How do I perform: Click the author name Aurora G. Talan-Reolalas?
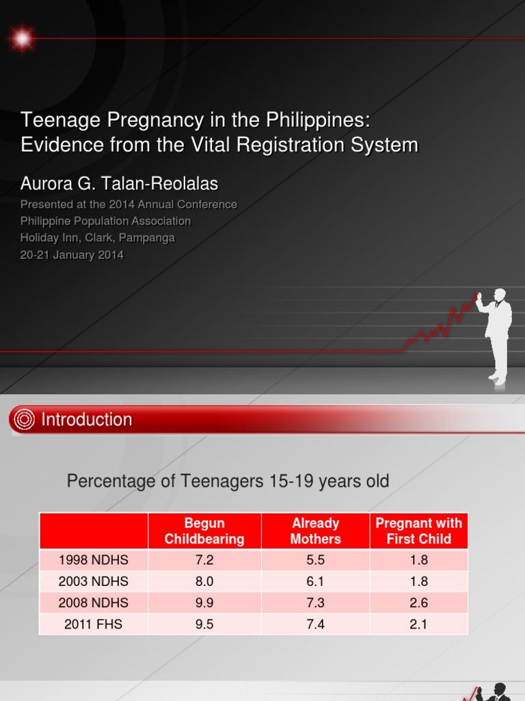click(x=119, y=183)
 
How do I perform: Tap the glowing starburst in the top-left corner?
click(x=23, y=38)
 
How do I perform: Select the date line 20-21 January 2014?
click(x=72, y=255)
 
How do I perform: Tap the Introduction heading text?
click(x=87, y=420)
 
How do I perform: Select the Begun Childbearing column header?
click(x=204, y=531)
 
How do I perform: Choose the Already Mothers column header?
click(x=315, y=531)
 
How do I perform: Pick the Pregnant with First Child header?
click(x=418, y=531)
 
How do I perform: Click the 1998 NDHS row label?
click(x=94, y=560)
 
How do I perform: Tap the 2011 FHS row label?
click(x=94, y=624)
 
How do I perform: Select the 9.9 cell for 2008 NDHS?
click(x=204, y=602)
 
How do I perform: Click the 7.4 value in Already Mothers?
click(x=315, y=624)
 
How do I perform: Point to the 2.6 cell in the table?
click(x=418, y=602)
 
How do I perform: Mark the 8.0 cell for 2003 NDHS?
click(x=204, y=581)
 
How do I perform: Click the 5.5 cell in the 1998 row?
click(x=315, y=560)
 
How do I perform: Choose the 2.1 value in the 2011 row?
click(x=418, y=624)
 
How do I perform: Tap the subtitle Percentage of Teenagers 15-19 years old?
click(x=228, y=481)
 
